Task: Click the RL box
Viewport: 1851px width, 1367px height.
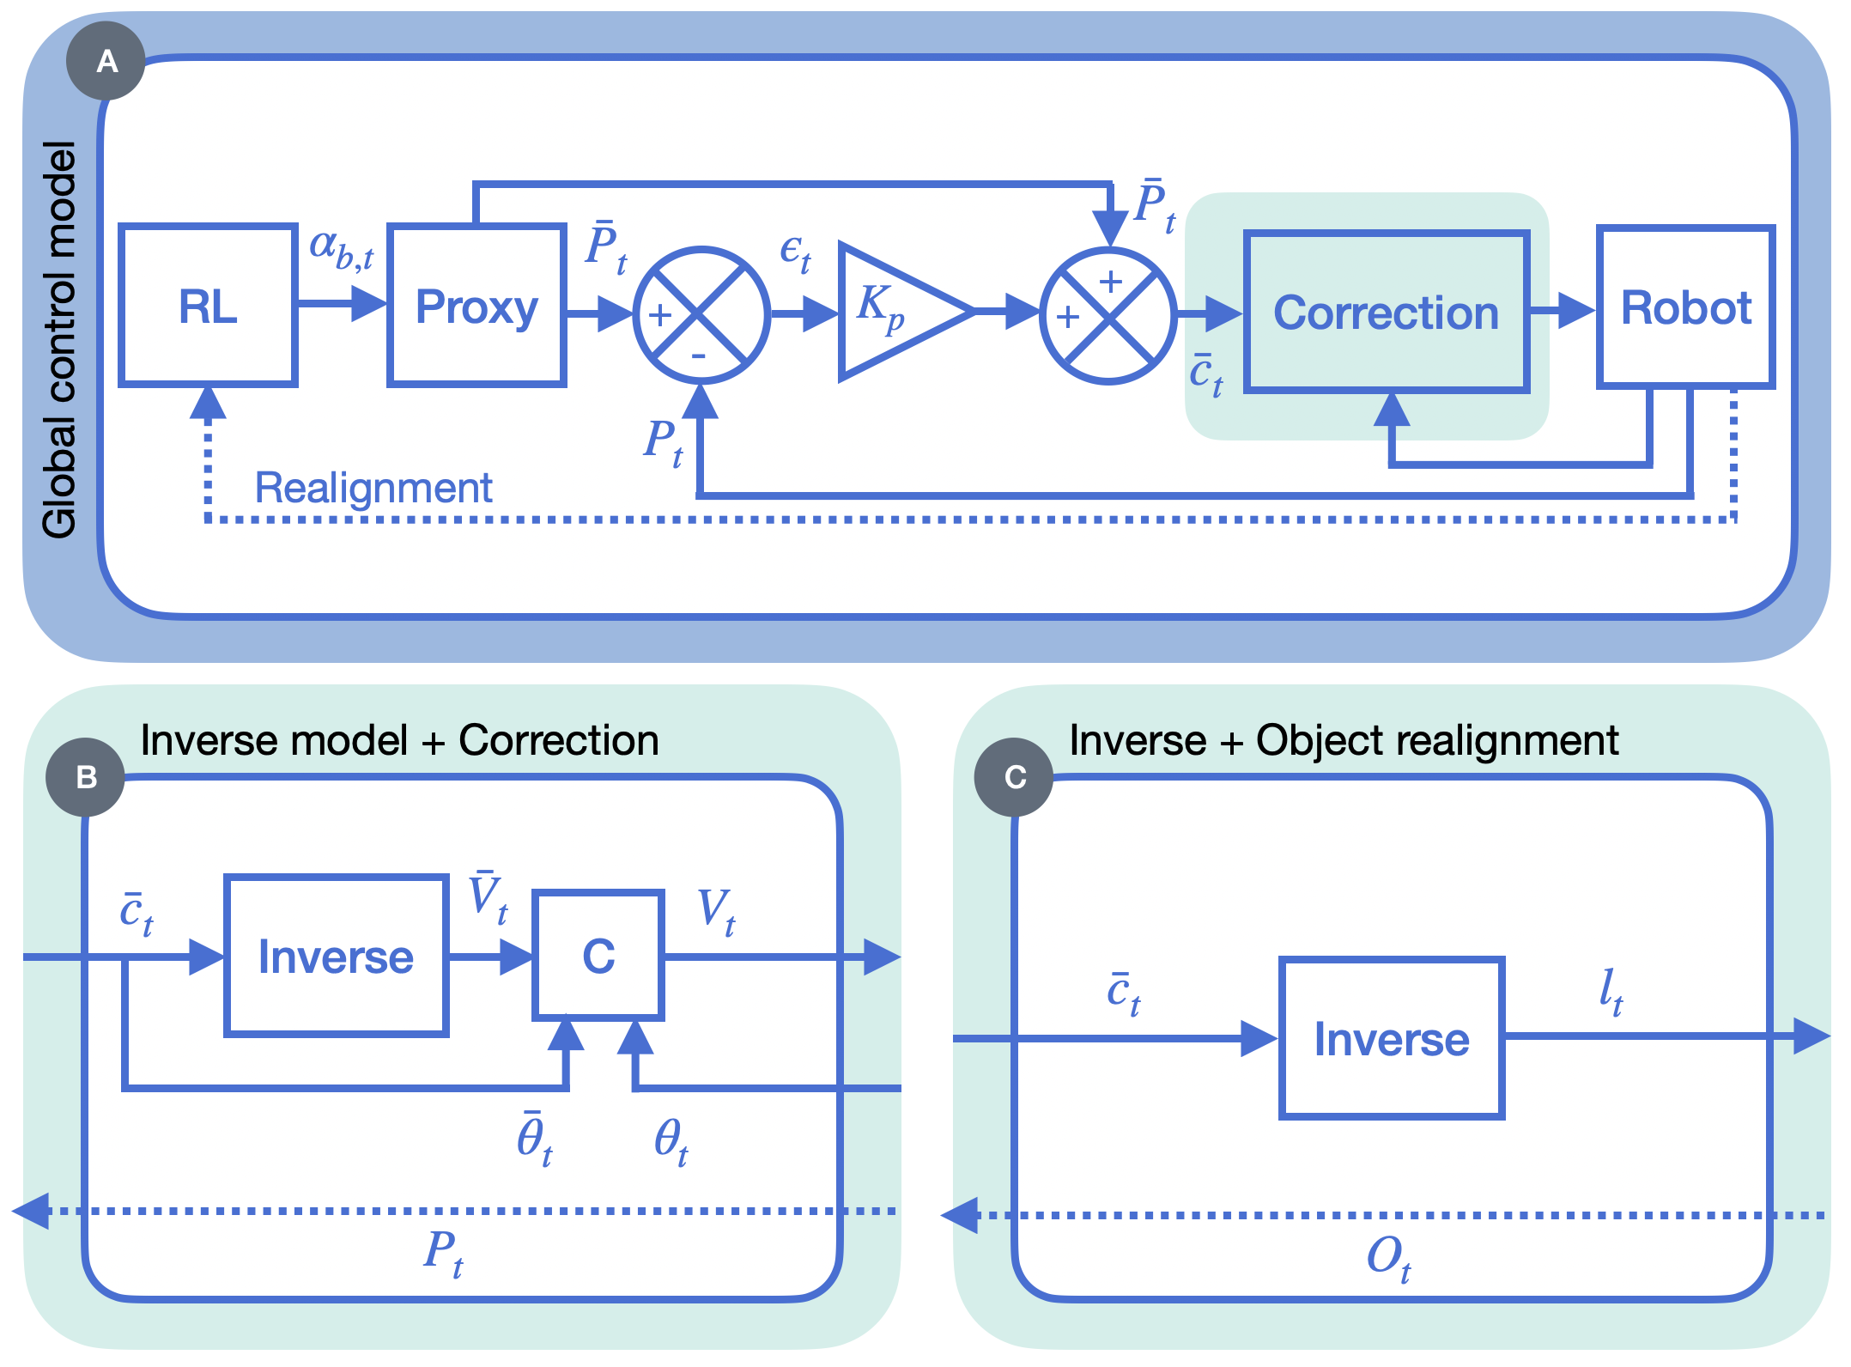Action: [208, 307]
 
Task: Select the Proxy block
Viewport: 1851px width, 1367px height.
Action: [476, 307]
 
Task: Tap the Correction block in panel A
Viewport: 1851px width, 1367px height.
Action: [1387, 313]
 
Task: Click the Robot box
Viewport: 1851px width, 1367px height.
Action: [1685, 307]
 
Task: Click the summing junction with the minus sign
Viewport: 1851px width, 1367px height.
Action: [701, 315]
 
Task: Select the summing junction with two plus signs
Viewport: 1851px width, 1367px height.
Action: [1108, 316]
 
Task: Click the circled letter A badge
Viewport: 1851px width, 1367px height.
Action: [106, 61]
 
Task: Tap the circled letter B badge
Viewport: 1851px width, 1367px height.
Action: [86, 777]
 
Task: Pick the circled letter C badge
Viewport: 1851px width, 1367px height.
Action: [1014, 777]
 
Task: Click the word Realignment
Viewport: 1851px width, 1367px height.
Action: [373, 488]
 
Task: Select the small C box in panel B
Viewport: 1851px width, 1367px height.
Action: [598, 956]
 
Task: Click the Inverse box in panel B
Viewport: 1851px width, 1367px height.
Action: [336, 956]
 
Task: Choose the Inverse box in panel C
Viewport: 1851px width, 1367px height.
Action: [1391, 1038]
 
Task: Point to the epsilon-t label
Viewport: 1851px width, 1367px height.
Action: [795, 252]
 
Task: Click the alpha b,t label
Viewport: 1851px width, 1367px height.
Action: [341, 249]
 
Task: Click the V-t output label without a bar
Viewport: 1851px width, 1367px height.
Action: [716, 911]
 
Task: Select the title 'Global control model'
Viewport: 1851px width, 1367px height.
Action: [60, 339]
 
